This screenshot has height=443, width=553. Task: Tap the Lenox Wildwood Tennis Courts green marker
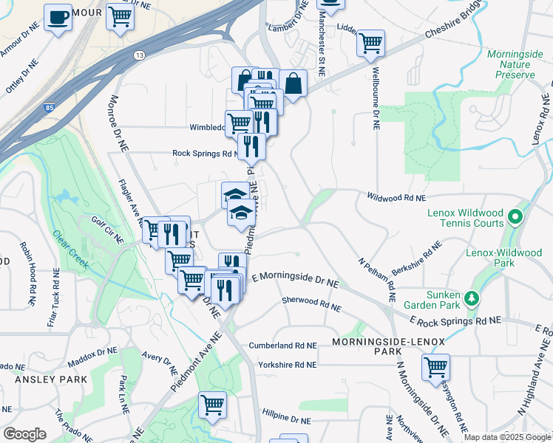pyautogui.click(x=517, y=217)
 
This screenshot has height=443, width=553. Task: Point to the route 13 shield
pyautogui.click(x=139, y=55)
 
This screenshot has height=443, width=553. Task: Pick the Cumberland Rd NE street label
pyautogui.click(x=282, y=345)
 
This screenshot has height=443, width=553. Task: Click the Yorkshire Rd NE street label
pyautogui.click(x=287, y=365)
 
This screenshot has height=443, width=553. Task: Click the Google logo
pyautogui.click(x=25, y=434)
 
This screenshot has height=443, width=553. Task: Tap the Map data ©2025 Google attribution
pyautogui.click(x=506, y=437)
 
